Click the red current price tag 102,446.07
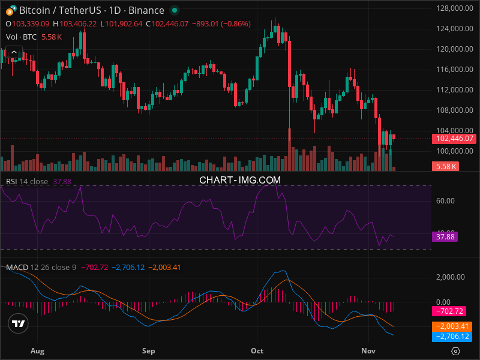[x=453, y=139]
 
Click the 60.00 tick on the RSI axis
[x=445, y=201]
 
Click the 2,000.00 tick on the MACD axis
[x=449, y=277]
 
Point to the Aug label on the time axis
[x=37, y=350]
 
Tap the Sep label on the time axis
[x=149, y=350]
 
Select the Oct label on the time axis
[x=257, y=350]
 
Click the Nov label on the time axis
[x=368, y=350]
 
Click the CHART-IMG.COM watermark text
[x=240, y=179]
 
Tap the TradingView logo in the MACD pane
[x=19, y=324]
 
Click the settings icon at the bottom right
[x=455, y=351]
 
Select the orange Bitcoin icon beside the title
[x=10, y=10]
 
